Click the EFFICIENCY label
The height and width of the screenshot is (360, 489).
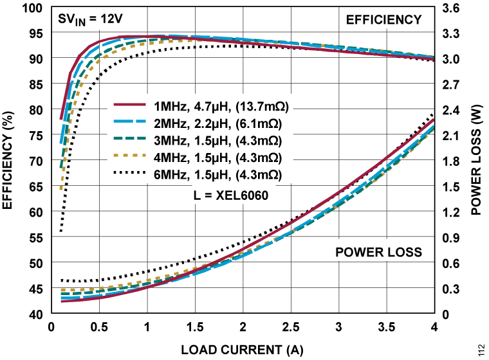point(383,19)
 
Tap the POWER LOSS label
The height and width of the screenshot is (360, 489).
point(378,252)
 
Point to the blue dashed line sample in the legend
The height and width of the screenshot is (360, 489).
point(131,123)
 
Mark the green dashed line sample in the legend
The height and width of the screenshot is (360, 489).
point(131,140)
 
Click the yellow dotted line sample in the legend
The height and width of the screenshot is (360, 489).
point(131,157)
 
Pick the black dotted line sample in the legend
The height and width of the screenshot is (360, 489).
point(131,175)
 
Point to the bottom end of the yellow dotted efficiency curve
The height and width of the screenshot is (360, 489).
point(60,189)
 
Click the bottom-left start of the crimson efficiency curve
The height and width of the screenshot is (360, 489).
point(61,119)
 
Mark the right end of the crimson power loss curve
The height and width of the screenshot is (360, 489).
point(432,120)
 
